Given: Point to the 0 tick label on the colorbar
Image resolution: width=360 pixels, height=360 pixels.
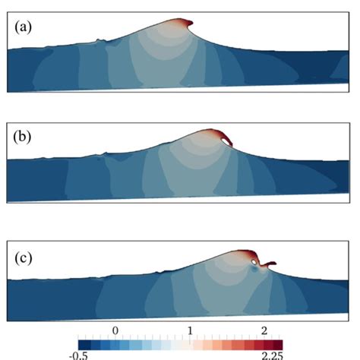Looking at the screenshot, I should (x=115, y=331).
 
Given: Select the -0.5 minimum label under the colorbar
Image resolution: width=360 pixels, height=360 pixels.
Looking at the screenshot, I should (x=85, y=355).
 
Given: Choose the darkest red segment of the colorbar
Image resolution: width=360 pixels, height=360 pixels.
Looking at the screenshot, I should (x=276, y=343).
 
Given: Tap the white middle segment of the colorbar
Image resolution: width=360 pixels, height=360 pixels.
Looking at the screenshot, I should (x=183, y=343).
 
